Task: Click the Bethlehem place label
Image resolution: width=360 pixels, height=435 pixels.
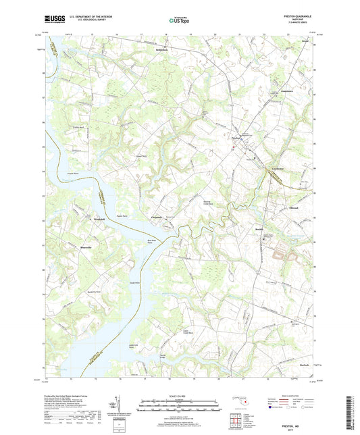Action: pos(158,51)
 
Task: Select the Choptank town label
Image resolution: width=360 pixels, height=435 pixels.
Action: pos(155,217)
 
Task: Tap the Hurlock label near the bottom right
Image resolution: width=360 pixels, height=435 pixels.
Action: pos(283,365)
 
